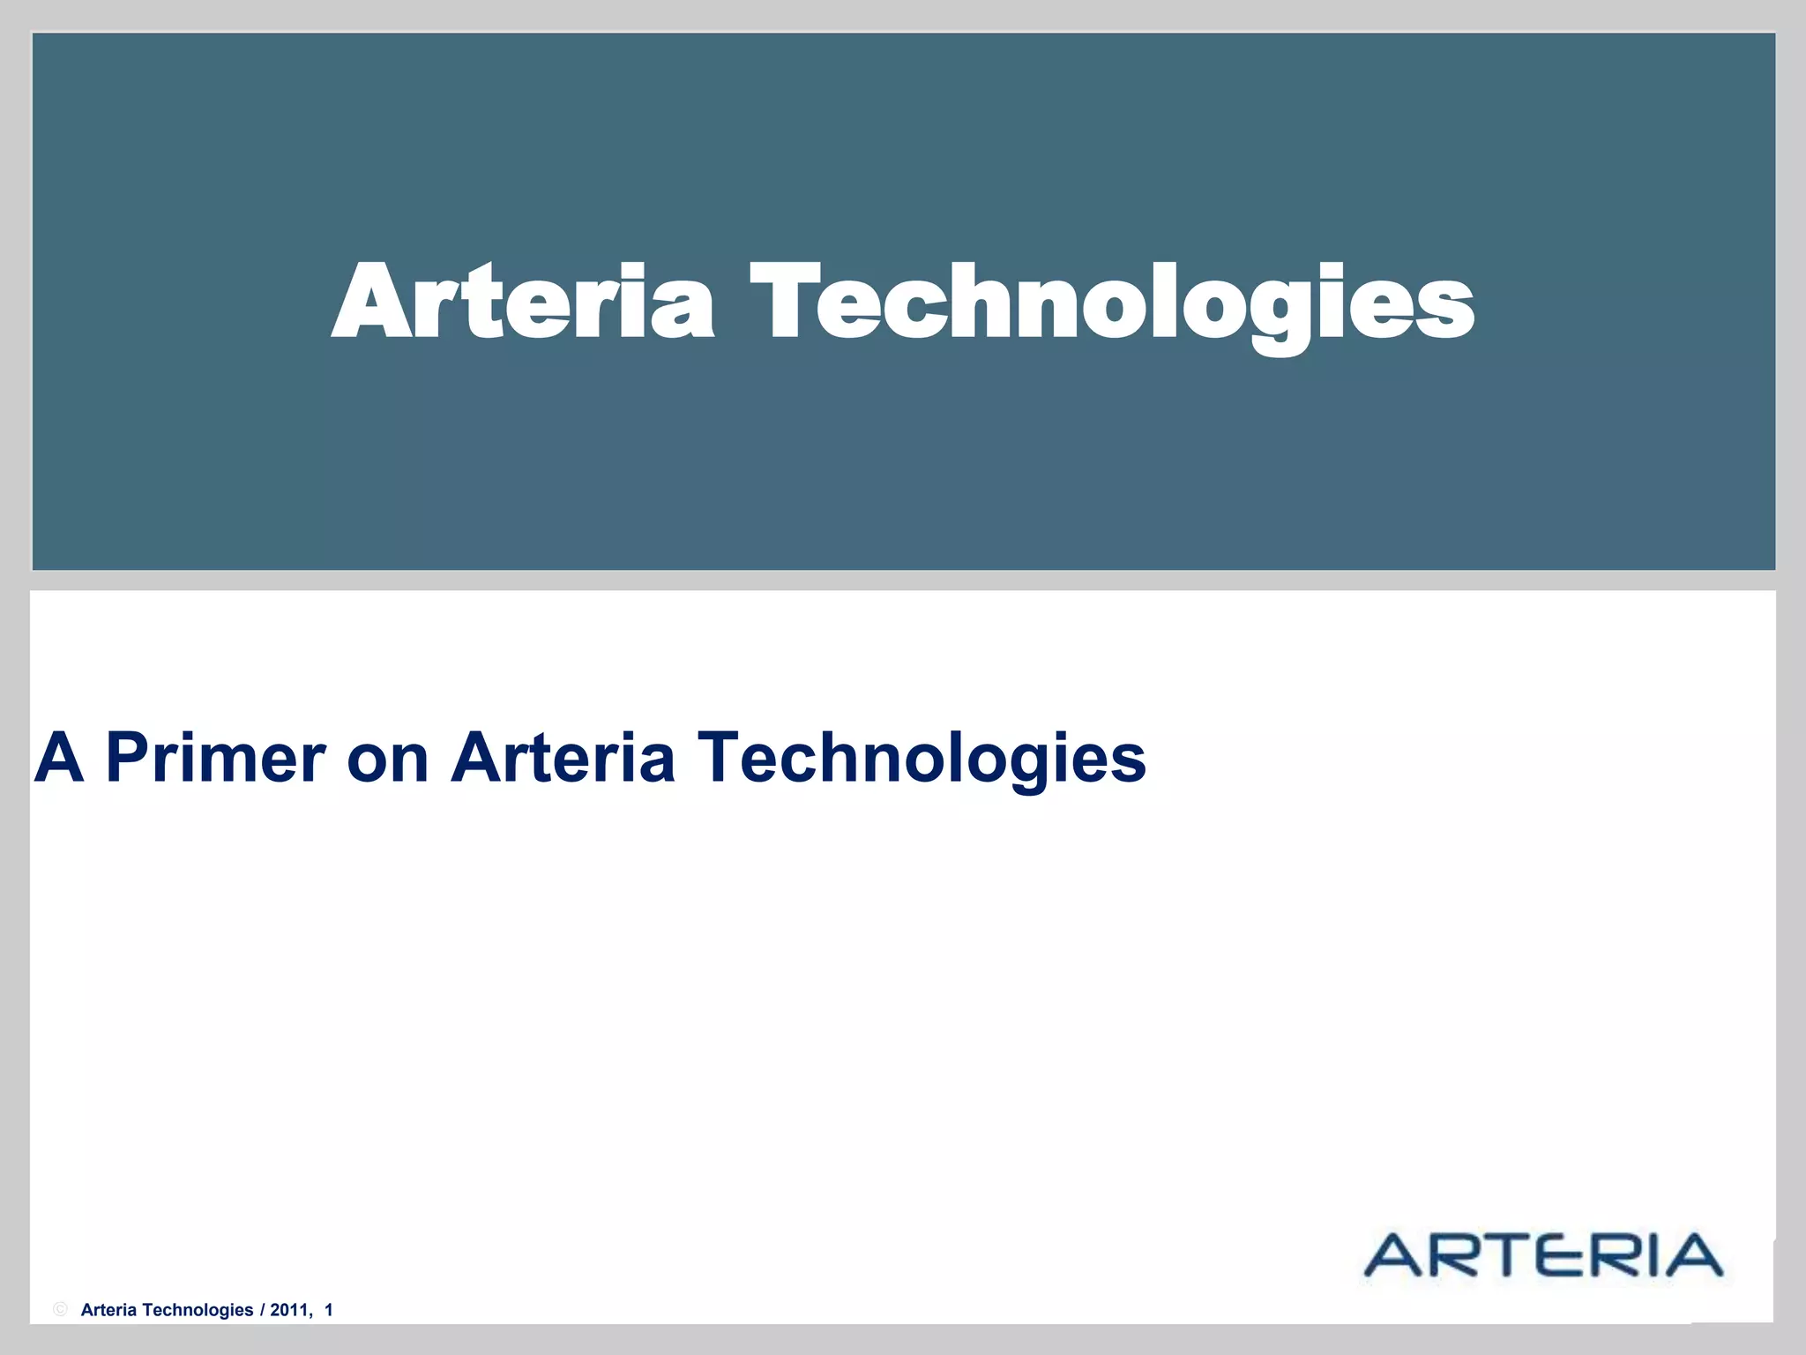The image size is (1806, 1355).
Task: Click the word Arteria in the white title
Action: click(522, 302)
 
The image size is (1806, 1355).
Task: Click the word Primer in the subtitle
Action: click(216, 758)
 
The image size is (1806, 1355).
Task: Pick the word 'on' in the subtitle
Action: click(387, 760)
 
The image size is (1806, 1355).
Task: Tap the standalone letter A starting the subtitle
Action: click(59, 758)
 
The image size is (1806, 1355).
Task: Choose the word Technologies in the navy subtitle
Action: click(921, 758)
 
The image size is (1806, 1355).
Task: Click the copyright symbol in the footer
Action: click(60, 1309)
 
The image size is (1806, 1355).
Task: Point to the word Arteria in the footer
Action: click(108, 1310)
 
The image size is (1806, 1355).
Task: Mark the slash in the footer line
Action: click(262, 1310)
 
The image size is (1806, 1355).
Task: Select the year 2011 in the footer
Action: click(289, 1310)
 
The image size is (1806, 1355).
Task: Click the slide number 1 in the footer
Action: click(329, 1310)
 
